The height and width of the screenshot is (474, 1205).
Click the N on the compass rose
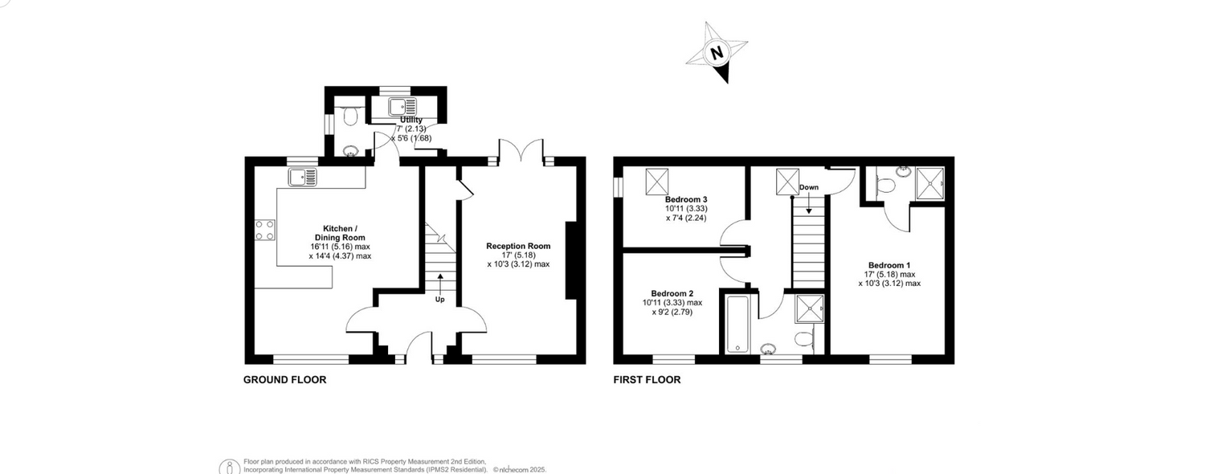pyautogui.click(x=717, y=53)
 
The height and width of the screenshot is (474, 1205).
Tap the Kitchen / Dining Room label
pyautogui.click(x=340, y=233)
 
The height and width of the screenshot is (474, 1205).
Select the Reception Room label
pyautogui.click(x=519, y=246)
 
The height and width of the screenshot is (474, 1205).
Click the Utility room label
pyautogui.click(x=411, y=120)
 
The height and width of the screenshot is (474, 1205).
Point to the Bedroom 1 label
pyautogui.click(x=889, y=264)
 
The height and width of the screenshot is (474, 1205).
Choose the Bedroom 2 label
pyautogui.click(x=672, y=293)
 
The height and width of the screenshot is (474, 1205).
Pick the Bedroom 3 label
pyautogui.click(x=686, y=199)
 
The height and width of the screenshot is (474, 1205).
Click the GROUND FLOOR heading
pyautogui.click(x=284, y=380)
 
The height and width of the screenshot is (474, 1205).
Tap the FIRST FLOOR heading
pyautogui.click(x=647, y=380)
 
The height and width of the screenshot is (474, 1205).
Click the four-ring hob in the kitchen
pyautogui.click(x=264, y=230)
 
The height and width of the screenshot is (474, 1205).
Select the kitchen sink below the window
pyautogui.click(x=303, y=177)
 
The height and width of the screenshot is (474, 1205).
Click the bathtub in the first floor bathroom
pyautogui.click(x=737, y=325)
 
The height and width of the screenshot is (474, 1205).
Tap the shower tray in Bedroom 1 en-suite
pyautogui.click(x=930, y=183)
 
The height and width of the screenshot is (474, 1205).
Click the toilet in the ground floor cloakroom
pyautogui.click(x=350, y=115)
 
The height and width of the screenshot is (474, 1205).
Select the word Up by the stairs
pyautogui.click(x=440, y=300)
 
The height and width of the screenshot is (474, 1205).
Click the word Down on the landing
pyautogui.click(x=809, y=187)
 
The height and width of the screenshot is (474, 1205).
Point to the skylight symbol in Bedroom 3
pyautogui.click(x=657, y=182)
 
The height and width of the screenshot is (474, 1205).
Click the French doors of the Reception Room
pyautogui.click(x=521, y=150)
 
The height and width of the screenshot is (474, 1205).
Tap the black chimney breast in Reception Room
pyautogui.click(x=570, y=260)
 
